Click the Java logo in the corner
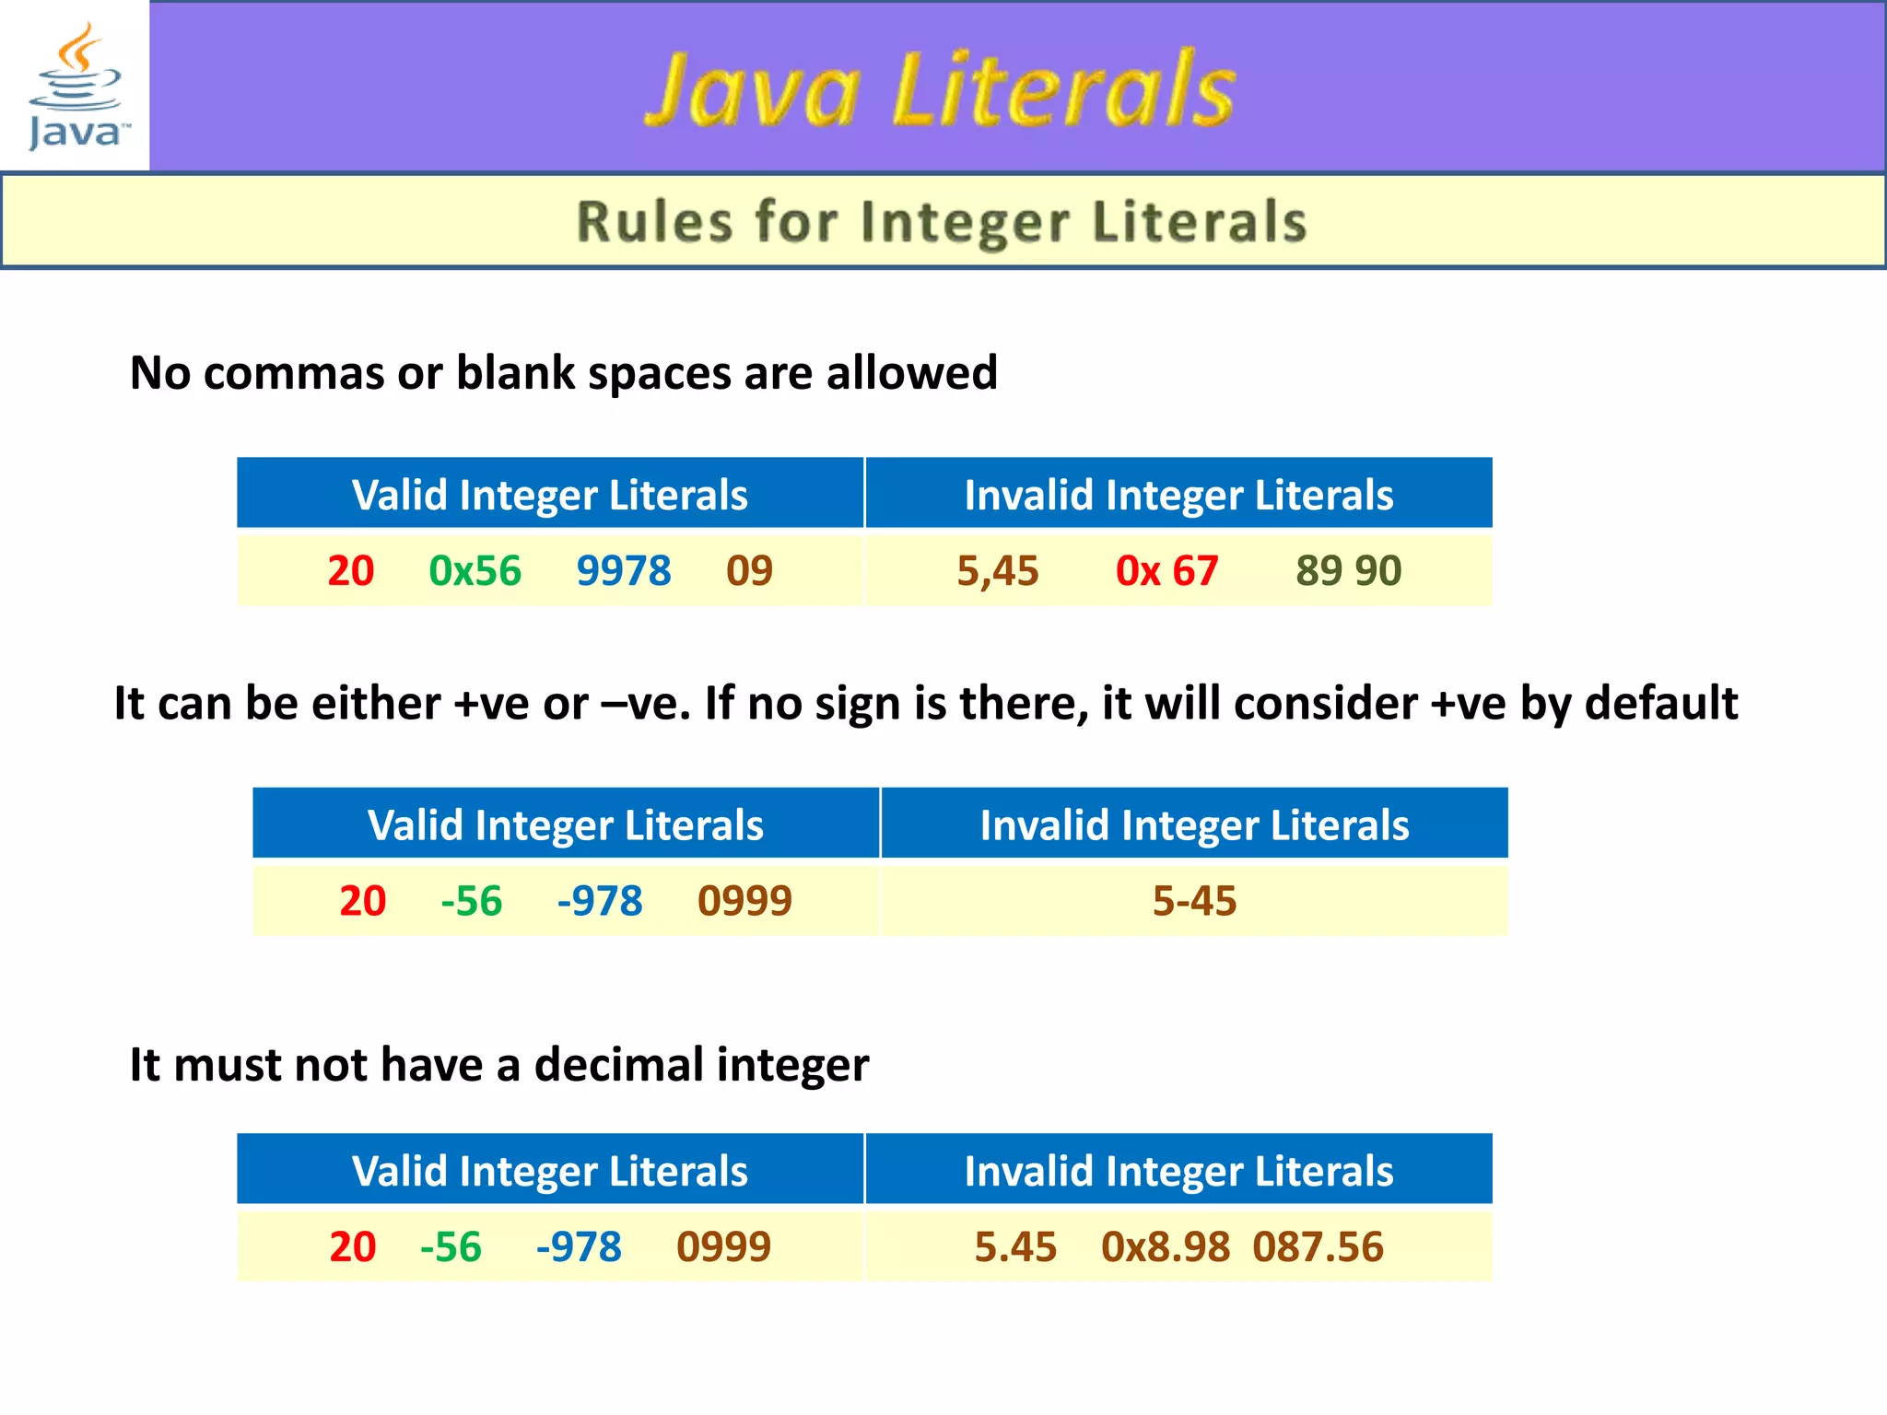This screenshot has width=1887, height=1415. pos(76,87)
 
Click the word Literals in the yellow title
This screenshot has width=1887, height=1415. pos(1064,89)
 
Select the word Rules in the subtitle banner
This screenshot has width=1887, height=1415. pos(655,222)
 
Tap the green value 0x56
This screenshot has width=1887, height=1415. pos(475,571)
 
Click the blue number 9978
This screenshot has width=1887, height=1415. pos(624,571)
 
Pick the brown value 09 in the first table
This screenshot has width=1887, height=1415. pos(749,571)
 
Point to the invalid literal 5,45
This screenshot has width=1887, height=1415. pos(998,571)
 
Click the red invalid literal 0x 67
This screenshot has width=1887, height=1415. pos(1166,571)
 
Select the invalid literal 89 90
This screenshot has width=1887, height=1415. pos(1348,571)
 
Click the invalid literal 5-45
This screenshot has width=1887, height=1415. pos(1194,901)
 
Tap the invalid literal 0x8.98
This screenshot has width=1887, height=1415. pos(1166,1247)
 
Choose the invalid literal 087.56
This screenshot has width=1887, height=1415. pos(1318,1247)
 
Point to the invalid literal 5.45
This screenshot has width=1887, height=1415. pos(1015,1247)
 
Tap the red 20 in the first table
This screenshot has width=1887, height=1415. pos(351,571)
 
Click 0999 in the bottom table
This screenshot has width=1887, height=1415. pos(723,1247)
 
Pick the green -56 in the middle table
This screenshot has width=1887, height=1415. pos(472,901)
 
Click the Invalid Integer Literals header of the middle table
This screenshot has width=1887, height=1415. pos(1194,824)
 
